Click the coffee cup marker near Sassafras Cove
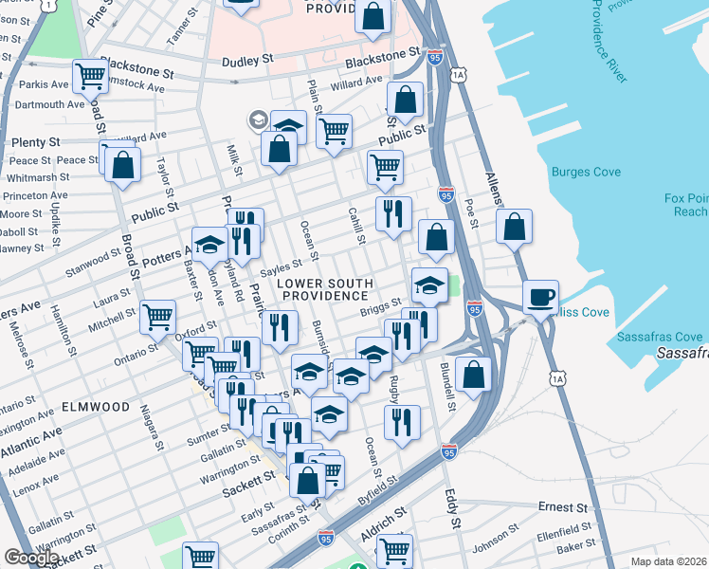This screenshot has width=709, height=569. pyautogui.click(x=540, y=298)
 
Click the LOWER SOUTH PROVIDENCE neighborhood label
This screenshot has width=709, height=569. pyautogui.click(x=323, y=290)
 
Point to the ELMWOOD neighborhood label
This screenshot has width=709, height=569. pyautogui.click(x=95, y=407)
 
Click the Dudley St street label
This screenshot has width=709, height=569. pyautogui.click(x=247, y=60)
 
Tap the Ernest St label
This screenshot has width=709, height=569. pyautogui.click(x=559, y=506)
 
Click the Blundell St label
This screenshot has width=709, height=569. pyautogui.click(x=451, y=390)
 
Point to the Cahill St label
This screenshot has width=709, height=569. pyautogui.click(x=355, y=229)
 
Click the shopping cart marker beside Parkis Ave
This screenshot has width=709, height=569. pyautogui.click(x=90, y=74)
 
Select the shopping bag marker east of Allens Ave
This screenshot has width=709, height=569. pyautogui.click(x=514, y=227)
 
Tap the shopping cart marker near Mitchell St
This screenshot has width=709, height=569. pyautogui.click(x=157, y=317)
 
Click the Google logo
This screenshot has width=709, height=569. pyautogui.click(x=30, y=558)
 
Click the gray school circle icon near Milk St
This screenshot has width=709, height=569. pyautogui.click(x=257, y=119)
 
